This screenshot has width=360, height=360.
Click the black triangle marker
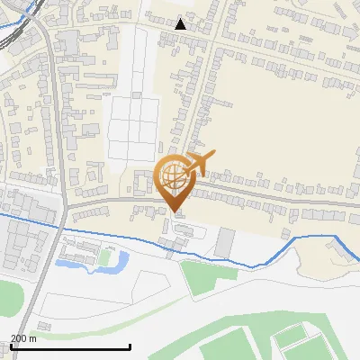[x=181, y=23]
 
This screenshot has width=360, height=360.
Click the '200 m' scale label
[x=23, y=338]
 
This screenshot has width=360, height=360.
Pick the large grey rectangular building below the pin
[x=224, y=241]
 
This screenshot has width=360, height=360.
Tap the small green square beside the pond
[x=107, y=258]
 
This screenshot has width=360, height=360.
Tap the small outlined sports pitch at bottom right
[x=292, y=341]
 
